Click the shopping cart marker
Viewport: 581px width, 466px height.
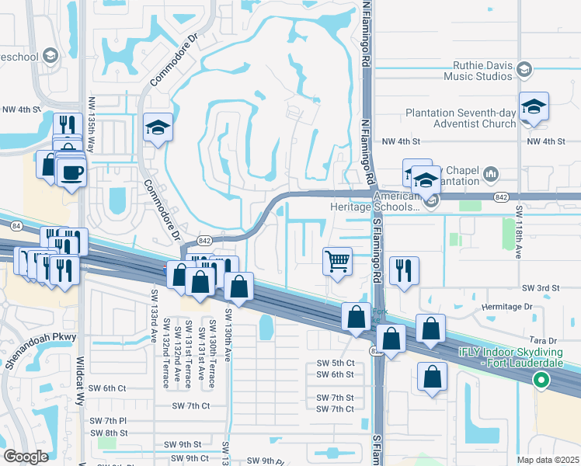click(338, 260)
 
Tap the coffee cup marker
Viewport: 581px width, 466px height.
click(72, 172)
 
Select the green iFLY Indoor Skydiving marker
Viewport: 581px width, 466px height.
click(541, 381)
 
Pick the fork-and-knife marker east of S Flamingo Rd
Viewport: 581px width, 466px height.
click(404, 271)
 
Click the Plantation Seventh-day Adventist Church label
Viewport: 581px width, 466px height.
click(461, 118)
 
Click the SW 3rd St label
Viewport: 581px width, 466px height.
click(541, 288)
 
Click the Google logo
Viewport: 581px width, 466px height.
click(26, 456)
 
